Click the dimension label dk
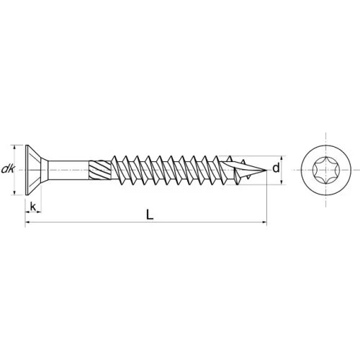[8, 169]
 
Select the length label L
[150, 215]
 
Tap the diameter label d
[276, 168]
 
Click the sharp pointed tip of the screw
[263, 169]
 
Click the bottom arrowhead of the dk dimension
[16, 192]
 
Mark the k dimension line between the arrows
[32, 214]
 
